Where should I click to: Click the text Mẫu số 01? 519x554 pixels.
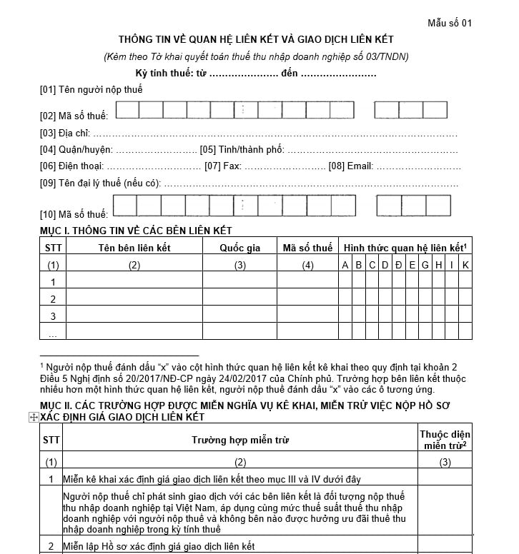coord(450,23)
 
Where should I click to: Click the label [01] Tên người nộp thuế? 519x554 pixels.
coord(92,90)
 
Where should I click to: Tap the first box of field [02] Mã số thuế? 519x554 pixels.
coord(127,110)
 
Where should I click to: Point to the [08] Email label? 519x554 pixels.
coord(350,166)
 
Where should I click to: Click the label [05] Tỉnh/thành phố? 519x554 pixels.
coord(242,150)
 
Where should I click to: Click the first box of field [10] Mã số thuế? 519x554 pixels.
coord(124,206)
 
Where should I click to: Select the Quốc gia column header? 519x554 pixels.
coord(240,248)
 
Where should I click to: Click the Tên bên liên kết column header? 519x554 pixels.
coord(134,248)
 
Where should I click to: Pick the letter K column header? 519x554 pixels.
coord(465,266)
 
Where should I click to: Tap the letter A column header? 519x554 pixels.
coord(345,266)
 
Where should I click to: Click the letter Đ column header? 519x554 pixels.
coord(398,266)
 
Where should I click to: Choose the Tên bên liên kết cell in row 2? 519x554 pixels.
coord(134,298)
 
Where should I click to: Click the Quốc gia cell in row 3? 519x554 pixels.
coord(240,315)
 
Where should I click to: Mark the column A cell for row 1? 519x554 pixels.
coord(345,282)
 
